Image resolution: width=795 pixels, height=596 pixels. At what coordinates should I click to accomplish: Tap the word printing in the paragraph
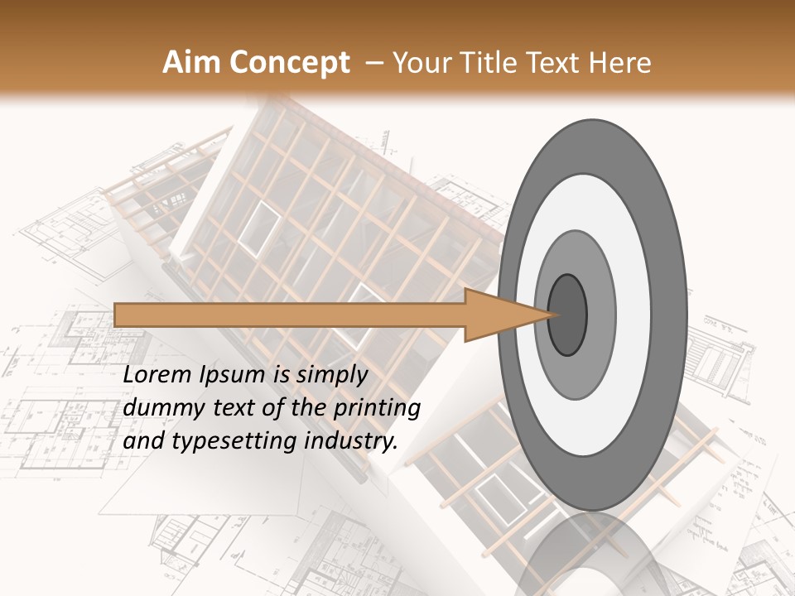[377, 408]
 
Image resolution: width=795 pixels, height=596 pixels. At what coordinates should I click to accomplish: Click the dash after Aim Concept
[373, 64]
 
